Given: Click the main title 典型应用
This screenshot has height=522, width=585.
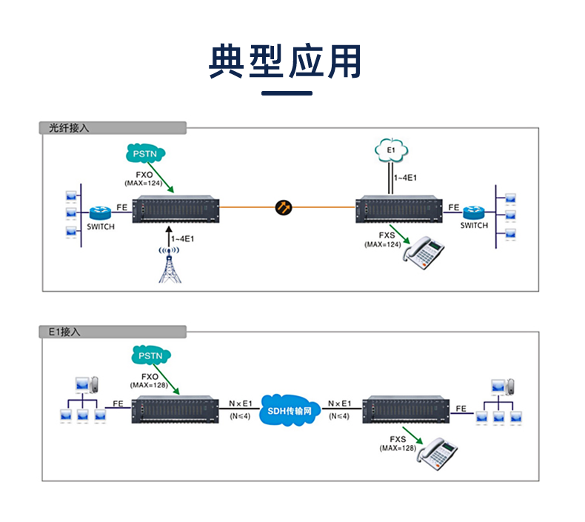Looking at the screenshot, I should [x=286, y=61].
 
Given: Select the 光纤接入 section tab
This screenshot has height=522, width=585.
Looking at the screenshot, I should [x=69, y=127].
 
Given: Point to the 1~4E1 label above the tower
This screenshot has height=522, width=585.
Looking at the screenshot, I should [x=183, y=239].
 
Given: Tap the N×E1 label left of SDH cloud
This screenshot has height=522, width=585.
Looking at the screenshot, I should [x=241, y=403].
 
